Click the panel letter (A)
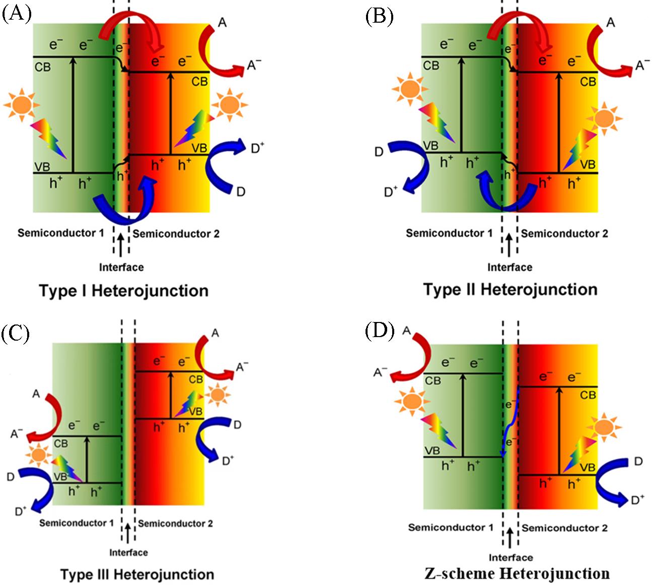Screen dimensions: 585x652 (17, 14)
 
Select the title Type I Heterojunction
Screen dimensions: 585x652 (123, 291)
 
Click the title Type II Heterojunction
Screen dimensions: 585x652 (510, 290)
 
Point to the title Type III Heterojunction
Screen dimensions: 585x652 (137, 574)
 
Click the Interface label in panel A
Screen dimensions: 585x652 (121, 267)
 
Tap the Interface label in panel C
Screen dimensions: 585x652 (128, 553)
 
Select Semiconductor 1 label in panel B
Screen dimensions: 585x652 (449, 233)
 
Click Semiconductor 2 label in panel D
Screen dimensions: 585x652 (564, 528)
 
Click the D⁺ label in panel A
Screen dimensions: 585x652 (257, 148)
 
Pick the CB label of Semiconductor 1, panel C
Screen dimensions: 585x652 (61, 444)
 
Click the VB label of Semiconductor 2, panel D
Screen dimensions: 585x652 (588, 468)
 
